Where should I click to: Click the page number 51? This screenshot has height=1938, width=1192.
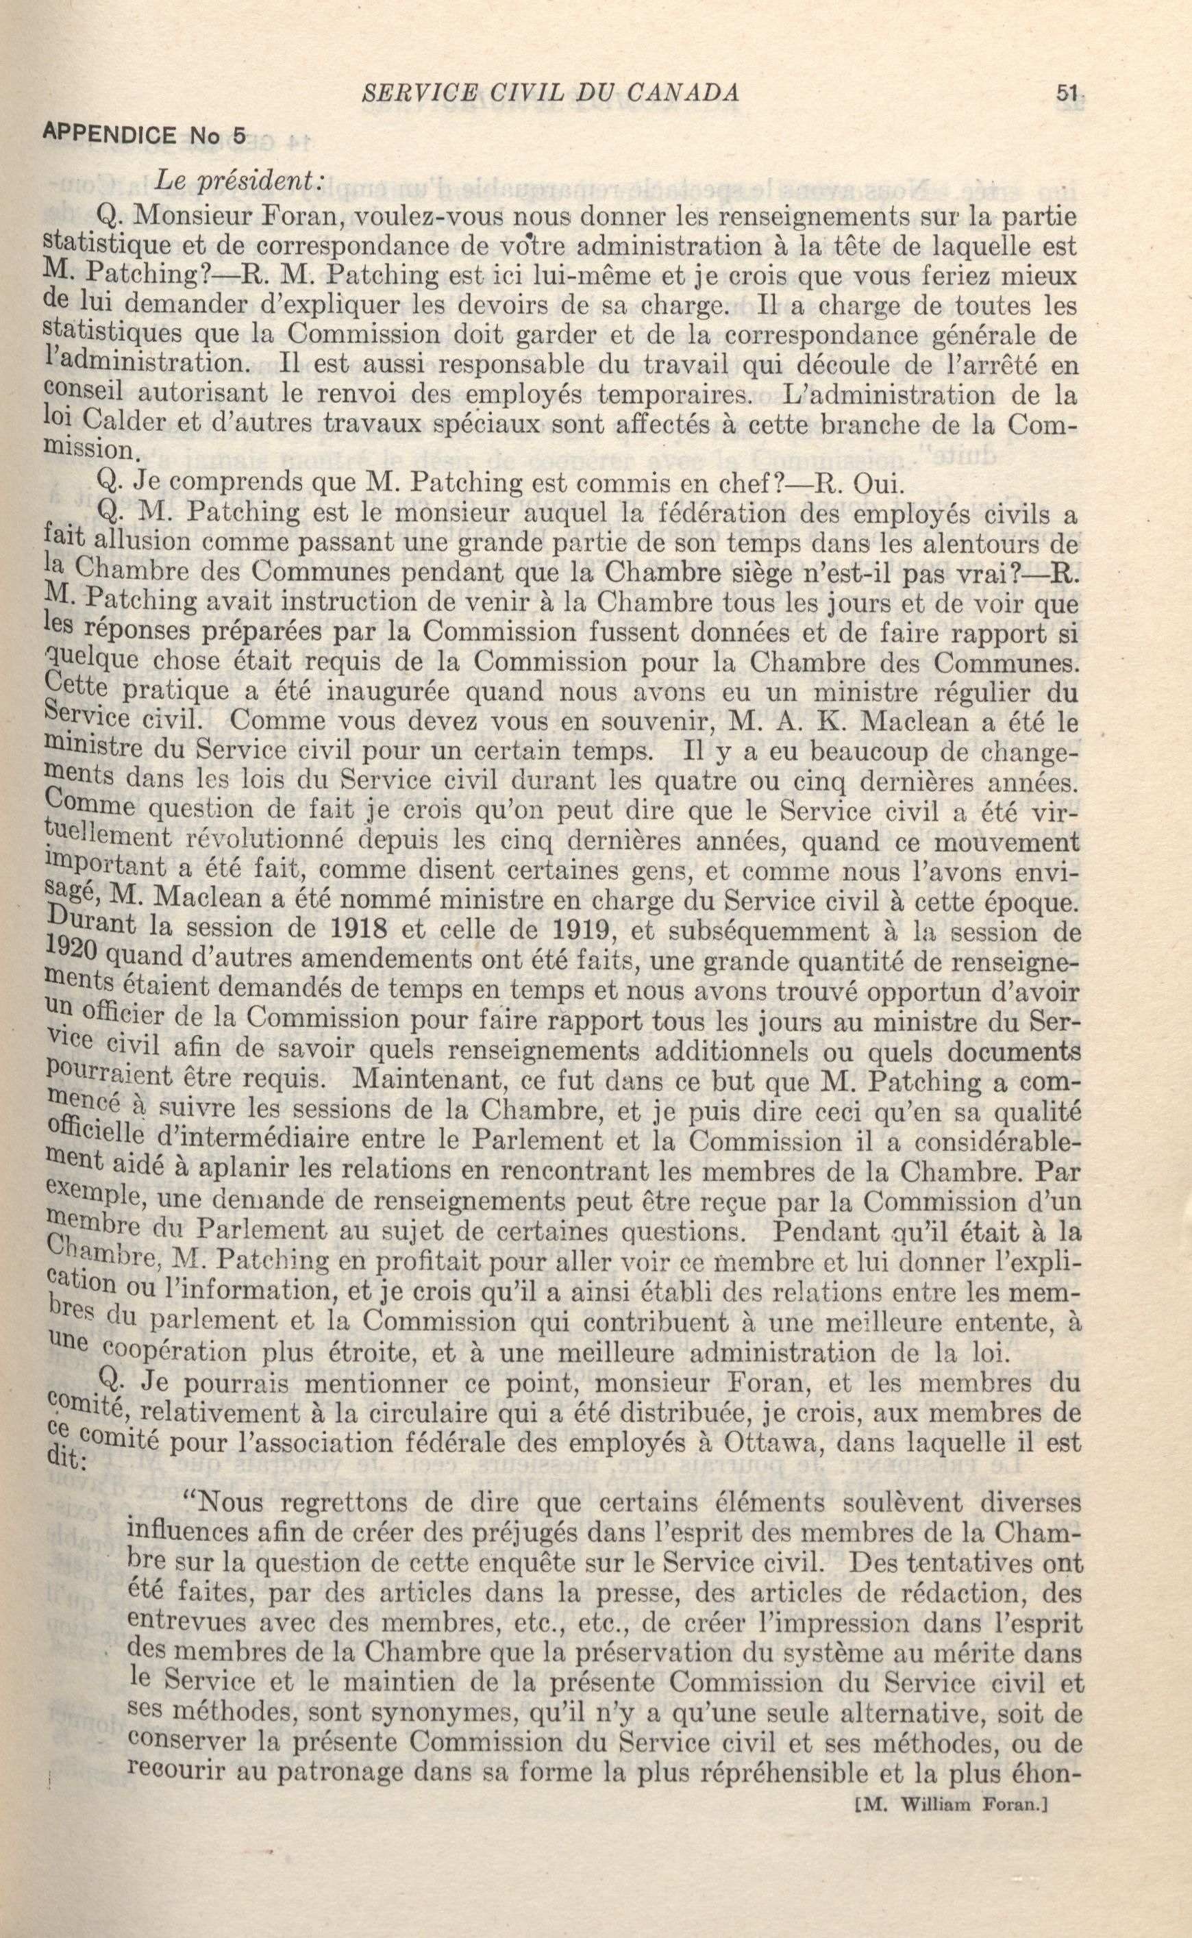pos(1067,94)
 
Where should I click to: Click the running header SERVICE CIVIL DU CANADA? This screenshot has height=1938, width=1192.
pos(549,94)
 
